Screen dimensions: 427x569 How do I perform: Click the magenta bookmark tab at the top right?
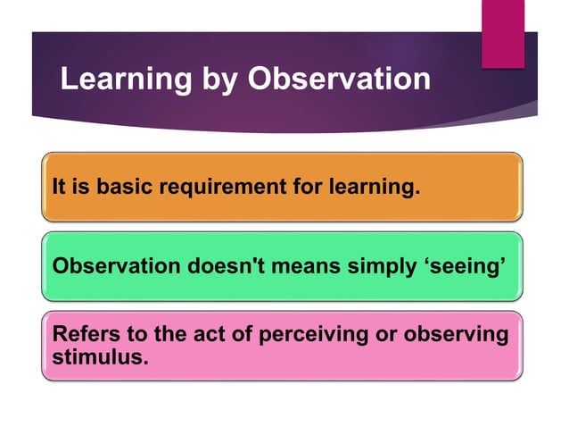[x=502, y=32]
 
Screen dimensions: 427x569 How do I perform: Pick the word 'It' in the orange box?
[x=59, y=188]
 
